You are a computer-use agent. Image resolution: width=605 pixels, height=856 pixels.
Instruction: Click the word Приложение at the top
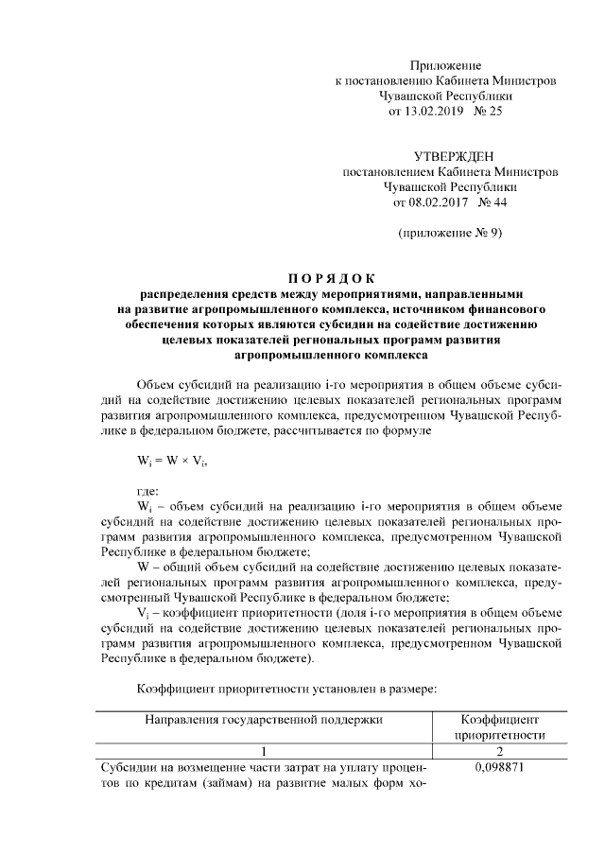[445, 65]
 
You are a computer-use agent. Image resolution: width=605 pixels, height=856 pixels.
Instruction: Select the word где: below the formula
[148, 491]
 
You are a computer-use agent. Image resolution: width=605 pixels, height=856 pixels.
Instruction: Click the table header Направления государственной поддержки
[263, 720]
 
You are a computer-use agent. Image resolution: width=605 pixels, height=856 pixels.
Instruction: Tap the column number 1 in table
[263, 751]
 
